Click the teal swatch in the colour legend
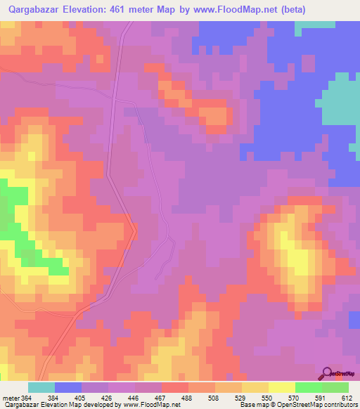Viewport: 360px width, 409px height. (x=41, y=387)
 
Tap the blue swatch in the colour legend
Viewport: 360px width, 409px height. (x=68, y=387)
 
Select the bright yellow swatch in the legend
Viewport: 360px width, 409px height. (x=281, y=387)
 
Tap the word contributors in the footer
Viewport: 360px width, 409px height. (x=342, y=405)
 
